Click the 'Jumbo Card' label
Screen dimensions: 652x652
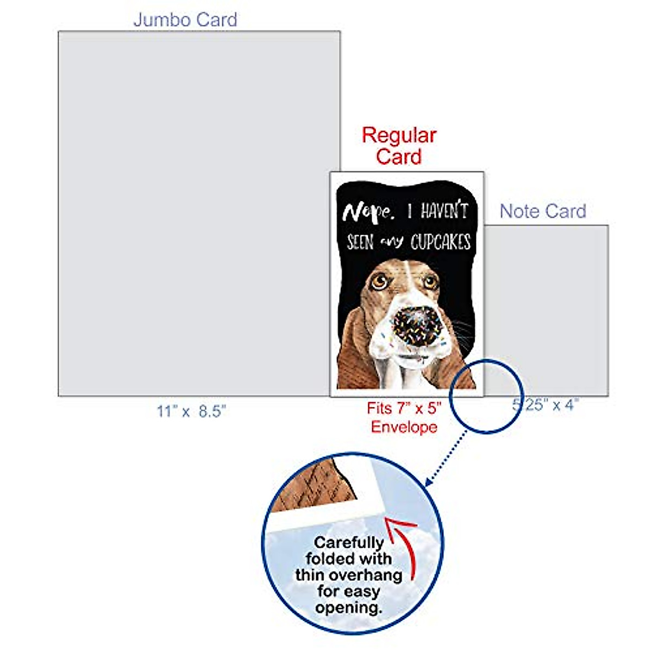click(185, 20)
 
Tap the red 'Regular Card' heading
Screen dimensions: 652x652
click(399, 146)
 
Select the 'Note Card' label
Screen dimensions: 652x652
click(543, 211)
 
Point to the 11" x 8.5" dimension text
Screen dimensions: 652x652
click(191, 411)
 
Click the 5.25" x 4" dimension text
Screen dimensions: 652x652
click(546, 405)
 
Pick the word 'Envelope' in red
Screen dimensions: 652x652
click(404, 427)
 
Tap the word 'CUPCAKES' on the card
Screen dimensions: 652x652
click(440, 242)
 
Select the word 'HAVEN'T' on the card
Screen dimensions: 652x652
click(444, 211)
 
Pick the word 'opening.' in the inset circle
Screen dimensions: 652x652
click(348, 607)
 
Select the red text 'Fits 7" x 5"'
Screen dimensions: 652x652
click(404, 408)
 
